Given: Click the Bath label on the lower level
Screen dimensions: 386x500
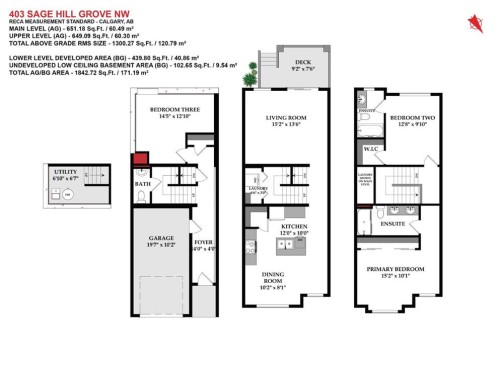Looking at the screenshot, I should (143, 184).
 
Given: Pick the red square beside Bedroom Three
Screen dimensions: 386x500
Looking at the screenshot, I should (141, 157).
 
